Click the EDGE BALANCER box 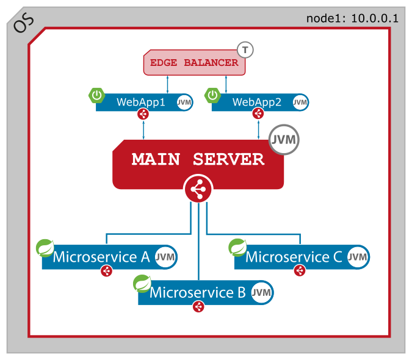coord(194,63)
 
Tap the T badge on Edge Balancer coord(245,49)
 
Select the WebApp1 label coord(141,102)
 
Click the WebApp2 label coord(257,102)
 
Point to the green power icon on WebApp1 coord(97,95)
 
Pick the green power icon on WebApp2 coord(212,95)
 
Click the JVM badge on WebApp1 coord(184,103)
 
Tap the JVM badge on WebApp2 coord(300,103)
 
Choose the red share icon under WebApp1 coord(143,114)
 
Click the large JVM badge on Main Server coord(284,140)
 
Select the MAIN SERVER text coord(198,159)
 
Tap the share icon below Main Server coord(198,190)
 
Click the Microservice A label coord(101,257)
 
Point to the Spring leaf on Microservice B coord(142,284)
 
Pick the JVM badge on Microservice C coord(358,257)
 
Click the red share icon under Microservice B coord(198,307)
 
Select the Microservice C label coord(294,257)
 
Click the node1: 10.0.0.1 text coord(352,18)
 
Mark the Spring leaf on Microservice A coord(45,248)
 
